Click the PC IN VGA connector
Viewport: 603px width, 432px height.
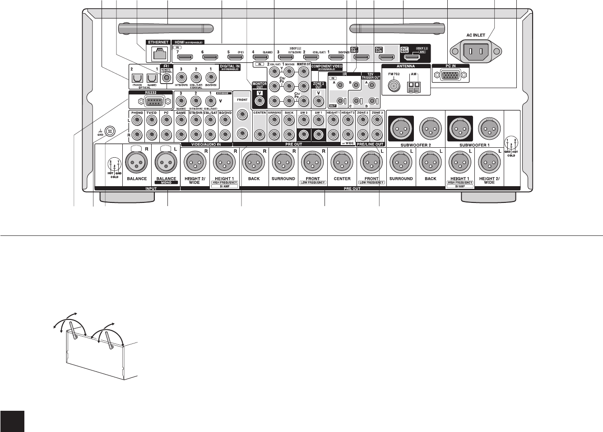pos(450,76)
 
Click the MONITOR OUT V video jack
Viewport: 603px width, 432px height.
pos(260,96)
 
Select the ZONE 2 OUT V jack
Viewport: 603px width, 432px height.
pos(318,96)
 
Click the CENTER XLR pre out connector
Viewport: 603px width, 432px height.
pos(342,163)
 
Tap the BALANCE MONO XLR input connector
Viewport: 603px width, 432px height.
pos(166,163)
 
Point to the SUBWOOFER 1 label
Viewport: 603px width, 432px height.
pos(474,145)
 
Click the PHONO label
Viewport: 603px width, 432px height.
pos(137,113)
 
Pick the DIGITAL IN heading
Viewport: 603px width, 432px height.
pos(230,66)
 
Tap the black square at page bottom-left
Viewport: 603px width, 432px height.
pos(12,421)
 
